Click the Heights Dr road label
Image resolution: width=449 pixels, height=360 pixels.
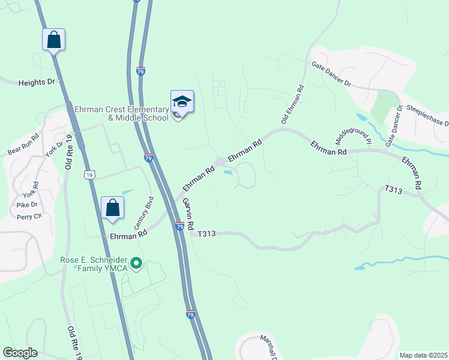(x=36, y=82)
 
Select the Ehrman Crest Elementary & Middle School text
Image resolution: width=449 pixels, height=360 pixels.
(x=121, y=113)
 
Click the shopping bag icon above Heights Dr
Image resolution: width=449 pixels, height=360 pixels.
(x=53, y=40)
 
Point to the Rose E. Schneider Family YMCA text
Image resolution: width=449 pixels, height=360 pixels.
(x=94, y=264)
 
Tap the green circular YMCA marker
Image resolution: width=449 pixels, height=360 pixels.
(x=136, y=262)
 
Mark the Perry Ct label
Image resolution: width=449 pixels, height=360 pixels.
(x=29, y=217)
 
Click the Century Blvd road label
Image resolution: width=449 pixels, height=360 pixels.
(x=148, y=211)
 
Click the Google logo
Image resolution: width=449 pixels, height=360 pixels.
(x=20, y=353)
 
